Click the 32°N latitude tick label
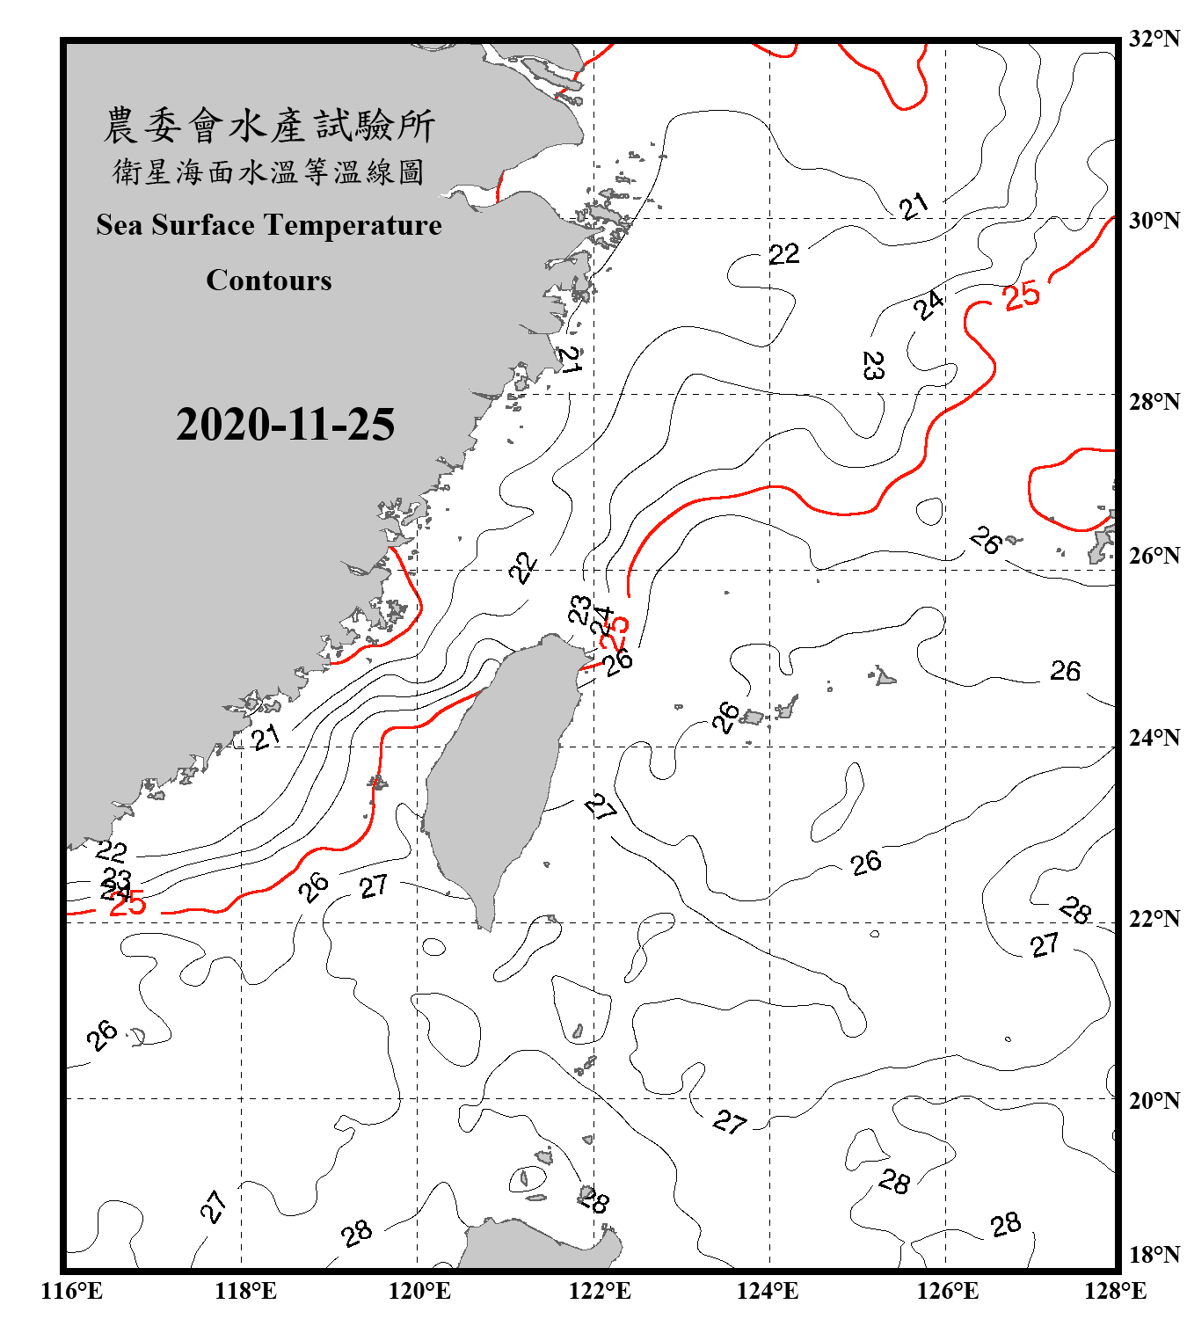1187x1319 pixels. coord(1154,39)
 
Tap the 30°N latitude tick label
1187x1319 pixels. coord(1154,221)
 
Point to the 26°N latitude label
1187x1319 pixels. coord(1154,556)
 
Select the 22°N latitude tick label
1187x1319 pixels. coord(1154,919)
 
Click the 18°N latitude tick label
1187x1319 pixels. coord(1154,1255)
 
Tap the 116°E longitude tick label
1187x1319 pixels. coord(72,1291)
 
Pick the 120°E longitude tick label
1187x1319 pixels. coord(419,1291)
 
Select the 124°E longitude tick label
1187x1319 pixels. coord(768,1291)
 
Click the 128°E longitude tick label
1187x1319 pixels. coord(1115,1291)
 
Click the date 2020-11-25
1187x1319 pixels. coord(285,425)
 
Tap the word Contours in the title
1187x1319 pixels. coord(269,281)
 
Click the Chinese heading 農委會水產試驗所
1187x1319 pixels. coord(269,126)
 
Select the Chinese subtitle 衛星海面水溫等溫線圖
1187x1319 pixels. coord(269,171)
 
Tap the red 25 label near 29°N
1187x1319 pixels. coord(1021,295)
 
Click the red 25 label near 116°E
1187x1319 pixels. coord(127,903)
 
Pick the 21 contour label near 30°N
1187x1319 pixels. coord(914,207)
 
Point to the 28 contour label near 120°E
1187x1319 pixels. coord(357,1234)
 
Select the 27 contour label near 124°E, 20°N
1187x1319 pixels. coord(730,1121)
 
